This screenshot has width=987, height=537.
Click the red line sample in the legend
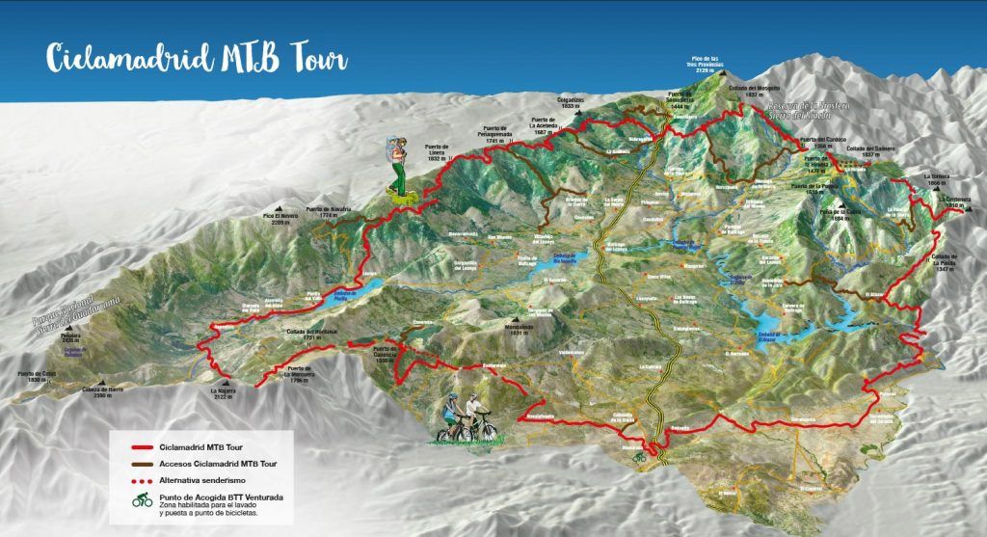coord(158,446)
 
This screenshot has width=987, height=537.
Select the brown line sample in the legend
coord(158,464)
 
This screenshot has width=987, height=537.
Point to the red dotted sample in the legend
coord(158,480)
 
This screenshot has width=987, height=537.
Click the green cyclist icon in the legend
coord(143,502)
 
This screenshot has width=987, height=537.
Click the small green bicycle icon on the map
coord(639,459)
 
